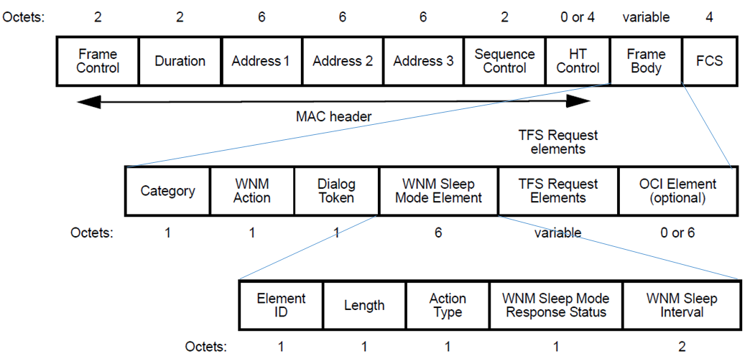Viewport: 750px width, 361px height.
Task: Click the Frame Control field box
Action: pos(98,61)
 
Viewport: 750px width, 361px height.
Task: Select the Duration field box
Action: pos(180,61)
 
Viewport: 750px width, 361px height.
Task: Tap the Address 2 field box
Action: pos(343,61)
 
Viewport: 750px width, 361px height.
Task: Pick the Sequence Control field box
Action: pos(505,61)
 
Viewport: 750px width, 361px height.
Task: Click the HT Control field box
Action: pos(578,61)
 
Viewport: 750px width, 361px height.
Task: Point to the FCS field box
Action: pos(709,61)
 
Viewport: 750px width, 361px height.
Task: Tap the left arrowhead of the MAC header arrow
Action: pos(86,102)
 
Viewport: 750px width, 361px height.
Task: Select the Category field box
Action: pos(167,191)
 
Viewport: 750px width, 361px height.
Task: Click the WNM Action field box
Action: pos(252,191)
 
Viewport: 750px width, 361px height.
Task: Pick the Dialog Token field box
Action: pos(336,191)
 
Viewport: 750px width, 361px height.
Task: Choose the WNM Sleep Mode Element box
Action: pos(438,191)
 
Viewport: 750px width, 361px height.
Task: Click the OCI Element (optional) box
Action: pos(677,191)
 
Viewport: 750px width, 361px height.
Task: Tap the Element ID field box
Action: pos(281,305)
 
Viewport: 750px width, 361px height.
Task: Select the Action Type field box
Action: pos(448,305)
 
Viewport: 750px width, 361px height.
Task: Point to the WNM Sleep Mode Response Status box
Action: pos(555,305)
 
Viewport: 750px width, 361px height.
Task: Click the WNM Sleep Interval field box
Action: pos(681,305)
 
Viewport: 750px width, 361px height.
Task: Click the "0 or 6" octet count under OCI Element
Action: pos(677,233)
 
